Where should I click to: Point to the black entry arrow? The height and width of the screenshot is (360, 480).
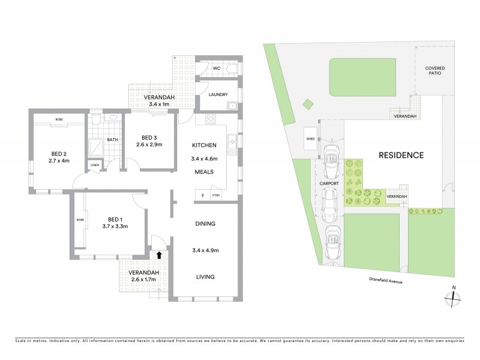coord(159,254)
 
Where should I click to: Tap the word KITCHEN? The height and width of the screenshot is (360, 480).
coord(203,146)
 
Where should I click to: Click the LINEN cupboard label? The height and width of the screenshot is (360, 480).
coord(95,165)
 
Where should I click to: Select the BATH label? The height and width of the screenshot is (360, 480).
coord(112,140)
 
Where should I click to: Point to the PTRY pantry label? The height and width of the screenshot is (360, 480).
coord(216,196)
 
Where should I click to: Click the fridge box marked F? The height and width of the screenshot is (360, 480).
coord(203,196)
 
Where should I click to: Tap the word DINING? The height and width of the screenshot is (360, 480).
coord(205,224)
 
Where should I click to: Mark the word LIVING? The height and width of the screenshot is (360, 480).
coord(205,277)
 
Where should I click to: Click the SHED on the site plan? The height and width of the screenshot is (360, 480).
coord(310,139)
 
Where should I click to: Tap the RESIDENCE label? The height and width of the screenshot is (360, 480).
coord(401,155)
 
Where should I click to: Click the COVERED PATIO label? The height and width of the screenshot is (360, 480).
coord(435,71)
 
